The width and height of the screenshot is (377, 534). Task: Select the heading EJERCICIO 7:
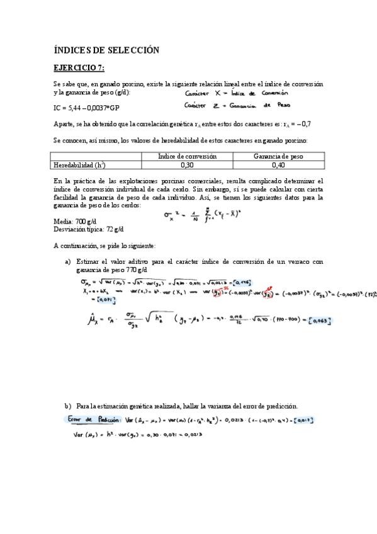pos(79,67)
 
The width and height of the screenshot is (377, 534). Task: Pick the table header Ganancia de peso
pos(278,156)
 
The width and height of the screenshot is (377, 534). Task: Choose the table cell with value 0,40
pos(278,165)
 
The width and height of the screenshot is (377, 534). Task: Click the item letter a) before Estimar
pos(67,261)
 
